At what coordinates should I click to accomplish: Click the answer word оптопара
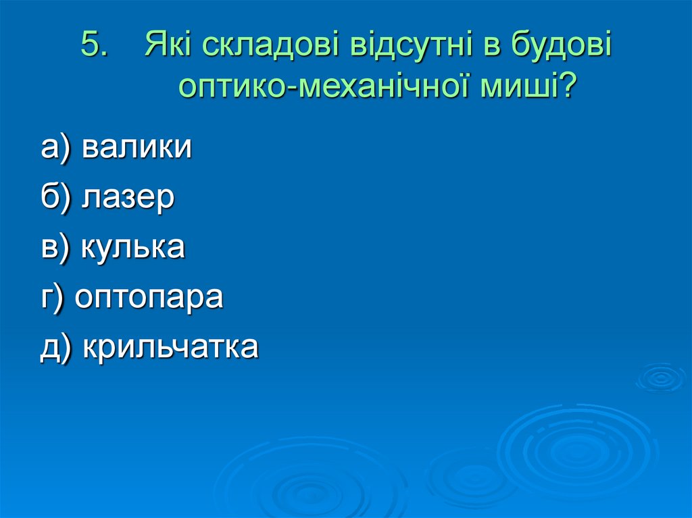149,298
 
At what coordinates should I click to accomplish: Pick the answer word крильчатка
170,346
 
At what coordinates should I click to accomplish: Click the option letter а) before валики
55,148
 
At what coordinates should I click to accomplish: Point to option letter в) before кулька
55,247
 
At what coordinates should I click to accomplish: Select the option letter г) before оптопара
52,298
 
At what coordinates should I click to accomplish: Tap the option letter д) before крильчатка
56,347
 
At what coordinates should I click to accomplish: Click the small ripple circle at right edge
661,378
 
